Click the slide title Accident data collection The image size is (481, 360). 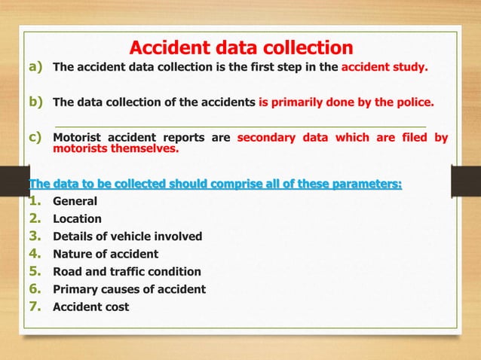tap(240, 48)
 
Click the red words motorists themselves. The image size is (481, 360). tap(116, 148)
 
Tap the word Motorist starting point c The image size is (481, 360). tap(80, 138)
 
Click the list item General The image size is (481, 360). tap(75, 202)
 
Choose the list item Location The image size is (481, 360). tap(77, 219)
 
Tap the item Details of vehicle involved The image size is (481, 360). tap(127, 236)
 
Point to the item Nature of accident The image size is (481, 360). tap(106, 254)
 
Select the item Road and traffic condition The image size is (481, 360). tap(127, 271)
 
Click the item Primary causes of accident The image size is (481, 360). tap(129, 289)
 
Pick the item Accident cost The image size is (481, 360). tap(90, 307)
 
